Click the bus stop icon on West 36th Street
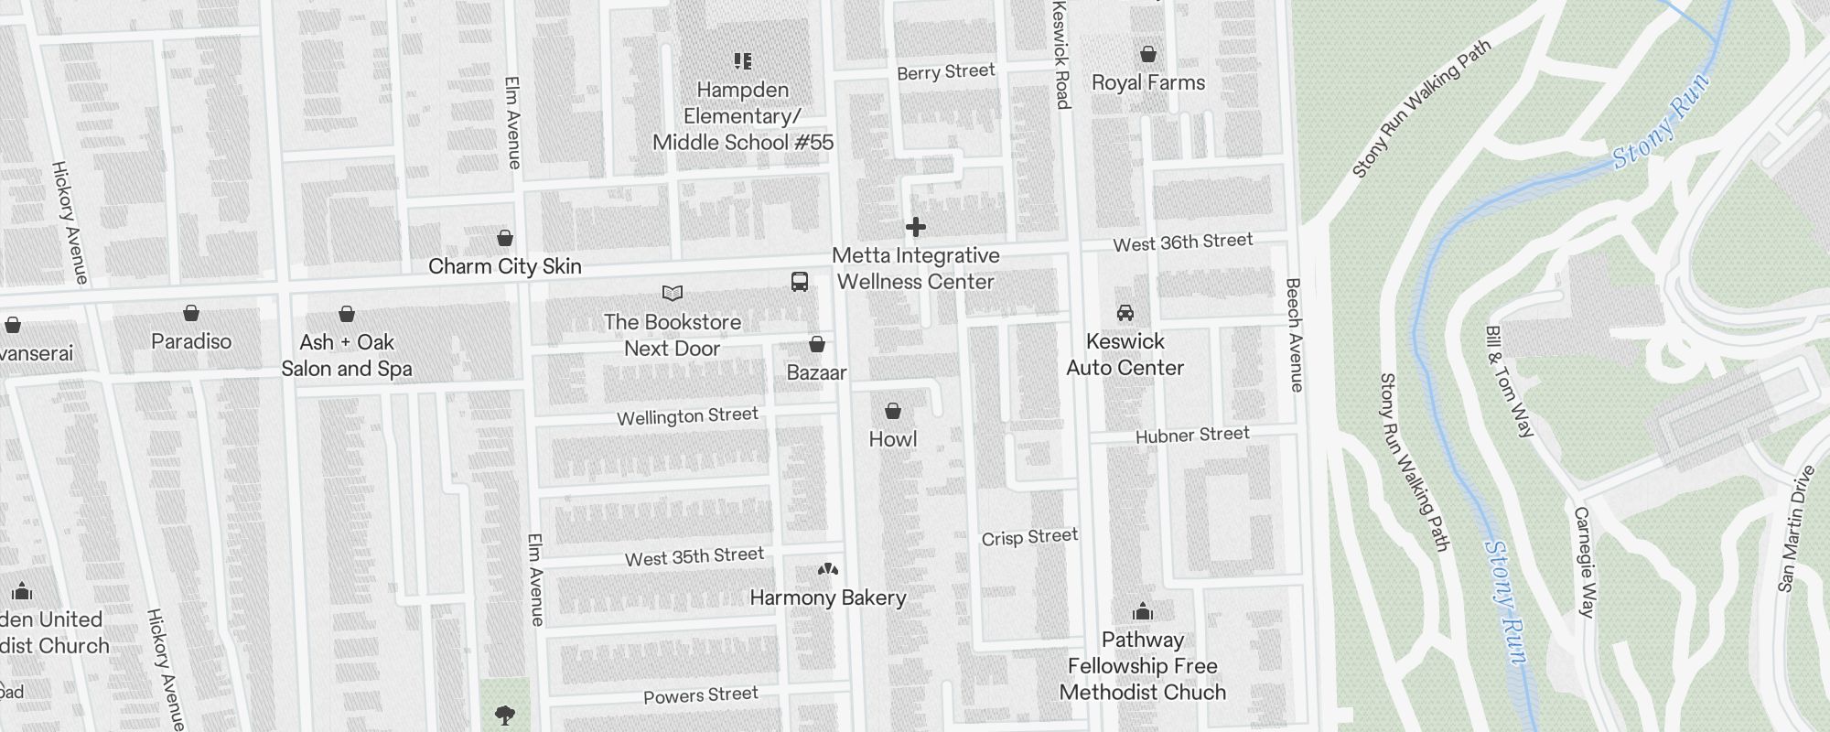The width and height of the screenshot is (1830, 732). (x=799, y=282)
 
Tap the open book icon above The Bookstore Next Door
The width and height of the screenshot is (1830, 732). (x=673, y=294)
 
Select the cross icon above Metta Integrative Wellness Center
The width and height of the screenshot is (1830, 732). (x=915, y=227)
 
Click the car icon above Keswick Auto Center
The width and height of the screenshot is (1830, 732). (x=1125, y=313)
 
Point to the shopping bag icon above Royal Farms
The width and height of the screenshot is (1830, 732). (x=1147, y=55)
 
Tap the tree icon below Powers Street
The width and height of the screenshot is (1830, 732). (x=504, y=715)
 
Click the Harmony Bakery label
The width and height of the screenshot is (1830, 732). (x=828, y=598)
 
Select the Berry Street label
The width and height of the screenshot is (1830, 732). (x=945, y=72)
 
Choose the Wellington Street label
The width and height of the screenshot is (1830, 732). (x=687, y=416)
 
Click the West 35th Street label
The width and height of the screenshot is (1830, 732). (x=694, y=556)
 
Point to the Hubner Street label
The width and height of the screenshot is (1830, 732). (x=1192, y=435)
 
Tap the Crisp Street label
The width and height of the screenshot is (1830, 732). (x=1029, y=537)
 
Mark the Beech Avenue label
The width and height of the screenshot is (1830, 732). (x=1294, y=335)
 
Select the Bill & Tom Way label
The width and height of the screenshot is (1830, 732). (x=1509, y=382)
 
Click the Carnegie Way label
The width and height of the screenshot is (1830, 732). (x=1585, y=562)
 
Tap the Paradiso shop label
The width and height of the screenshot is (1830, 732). (x=191, y=341)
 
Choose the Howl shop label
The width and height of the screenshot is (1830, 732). (x=892, y=439)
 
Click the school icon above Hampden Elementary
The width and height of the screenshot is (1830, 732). (x=743, y=61)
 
